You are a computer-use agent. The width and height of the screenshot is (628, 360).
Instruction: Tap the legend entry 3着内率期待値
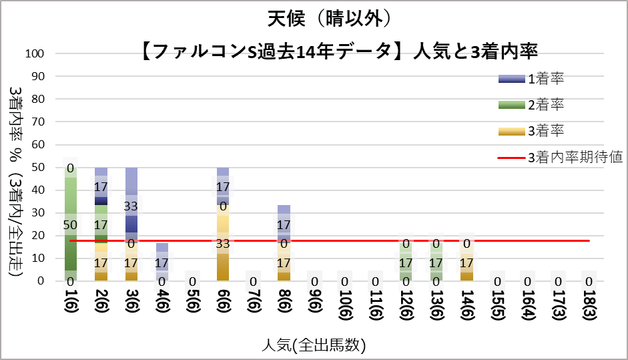(x=575, y=158)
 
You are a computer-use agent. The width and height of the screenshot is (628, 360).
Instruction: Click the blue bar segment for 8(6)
(x=284, y=220)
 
